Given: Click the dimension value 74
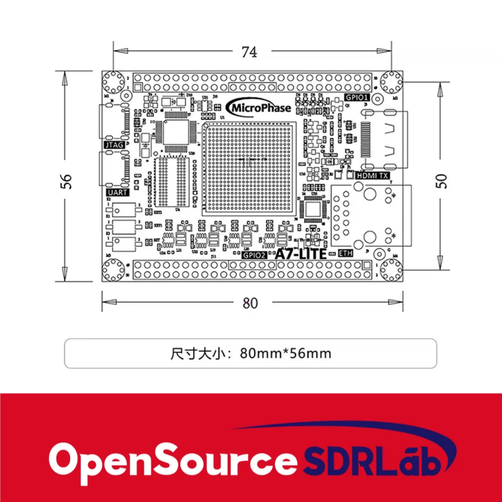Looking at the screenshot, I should pyautogui.click(x=250, y=52).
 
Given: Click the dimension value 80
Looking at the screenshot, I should pyautogui.click(x=250, y=303).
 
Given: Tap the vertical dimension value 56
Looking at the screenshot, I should pyautogui.click(x=66, y=181).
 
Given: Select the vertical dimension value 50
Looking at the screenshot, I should pyautogui.click(x=441, y=181).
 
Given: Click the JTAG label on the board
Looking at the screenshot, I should pyautogui.click(x=114, y=145).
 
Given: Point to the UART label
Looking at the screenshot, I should pyautogui.click(x=117, y=192).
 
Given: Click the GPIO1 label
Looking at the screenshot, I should pyautogui.click(x=357, y=97).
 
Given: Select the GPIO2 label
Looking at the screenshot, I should pyautogui.click(x=254, y=255).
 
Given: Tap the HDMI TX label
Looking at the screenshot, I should pyautogui.click(x=372, y=176).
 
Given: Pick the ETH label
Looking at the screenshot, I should pyautogui.click(x=345, y=253).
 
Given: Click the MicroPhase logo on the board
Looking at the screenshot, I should pyautogui.click(x=259, y=108).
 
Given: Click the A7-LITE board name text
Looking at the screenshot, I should pyautogui.click(x=301, y=254).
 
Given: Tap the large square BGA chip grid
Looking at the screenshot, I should pyautogui.click(x=249, y=167).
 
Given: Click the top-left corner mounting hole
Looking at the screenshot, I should pyautogui.click(x=113, y=82).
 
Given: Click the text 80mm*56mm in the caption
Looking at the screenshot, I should pyautogui.click(x=286, y=353).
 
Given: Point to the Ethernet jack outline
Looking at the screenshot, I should pyautogui.click(x=371, y=216).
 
